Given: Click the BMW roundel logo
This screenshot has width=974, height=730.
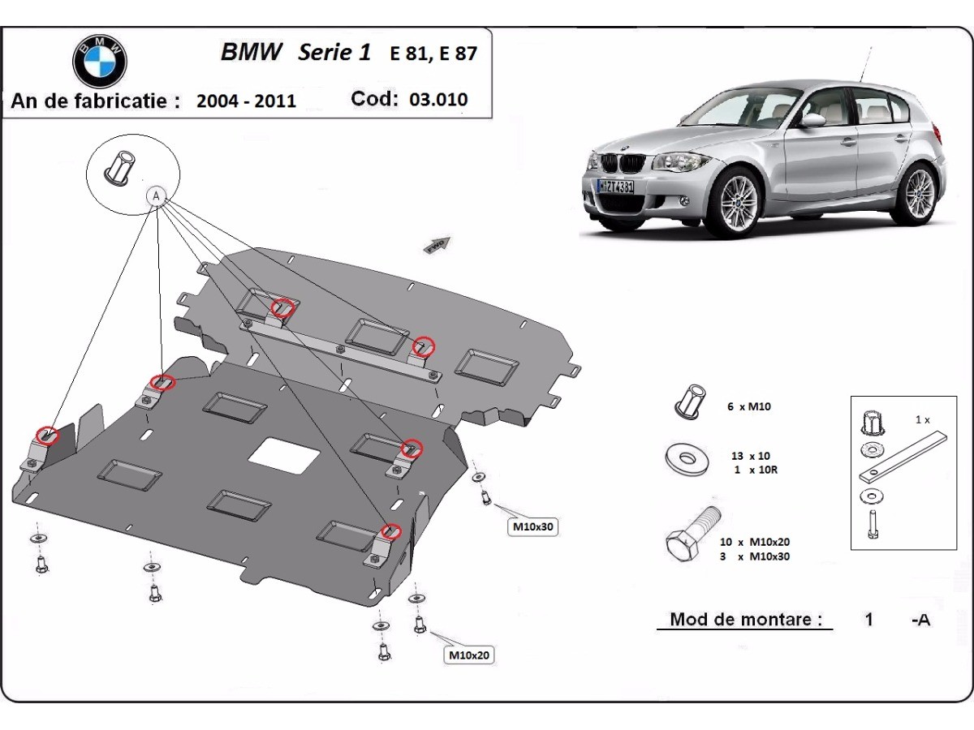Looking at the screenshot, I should [x=100, y=60].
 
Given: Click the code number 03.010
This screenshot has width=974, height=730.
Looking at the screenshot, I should [x=438, y=100].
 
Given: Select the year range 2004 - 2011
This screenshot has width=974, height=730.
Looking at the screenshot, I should [x=246, y=101].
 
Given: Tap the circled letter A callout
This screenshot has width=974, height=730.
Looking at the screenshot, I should [x=156, y=195].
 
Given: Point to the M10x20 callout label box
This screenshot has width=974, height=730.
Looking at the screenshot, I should [x=470, y=655].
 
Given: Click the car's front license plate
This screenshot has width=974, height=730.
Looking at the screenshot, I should [x=616, y=186].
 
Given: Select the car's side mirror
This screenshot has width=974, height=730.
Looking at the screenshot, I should [x=812, y=121].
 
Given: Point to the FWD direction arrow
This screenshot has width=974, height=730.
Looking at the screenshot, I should [x=437, y=243].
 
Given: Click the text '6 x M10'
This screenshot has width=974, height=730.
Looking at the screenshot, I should [x=749, y=406].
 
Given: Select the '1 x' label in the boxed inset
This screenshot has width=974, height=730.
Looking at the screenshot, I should [x=922, y=420].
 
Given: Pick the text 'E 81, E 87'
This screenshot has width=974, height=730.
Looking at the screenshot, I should [x=433, y=54].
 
